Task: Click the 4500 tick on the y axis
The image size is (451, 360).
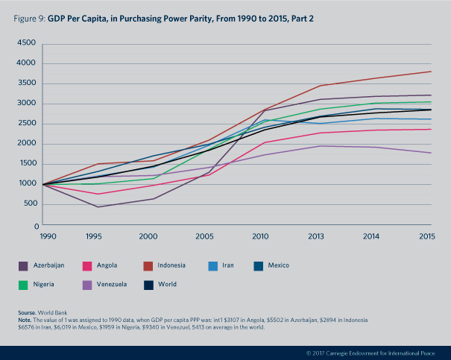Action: click(x=28, y=43)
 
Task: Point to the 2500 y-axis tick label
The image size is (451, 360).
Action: click(x=28, y=124)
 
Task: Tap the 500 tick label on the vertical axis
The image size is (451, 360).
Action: click(x=30, y=204)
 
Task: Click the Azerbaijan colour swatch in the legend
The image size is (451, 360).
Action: click(x=23, y=265)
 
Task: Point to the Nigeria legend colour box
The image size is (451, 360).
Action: click(x=23, y=284)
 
